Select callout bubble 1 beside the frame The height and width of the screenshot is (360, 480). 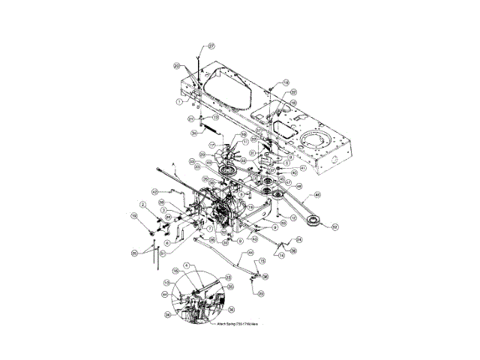pyautogui.click(x=180, y=100)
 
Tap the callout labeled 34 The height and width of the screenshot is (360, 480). pyautogui.click(x=172, y=133)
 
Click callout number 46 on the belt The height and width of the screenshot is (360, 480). pyautogui.click(x=317, y=194)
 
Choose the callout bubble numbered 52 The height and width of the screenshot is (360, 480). pyautogui.click(x=335, y=226)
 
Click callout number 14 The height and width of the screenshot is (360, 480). pyautogui.click(x=282, y=255)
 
